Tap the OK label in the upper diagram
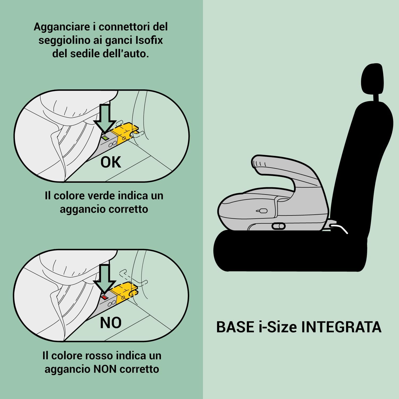[111, 162]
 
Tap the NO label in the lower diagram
[111, 322]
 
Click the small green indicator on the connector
[106, 138]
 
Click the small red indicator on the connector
[105, 297]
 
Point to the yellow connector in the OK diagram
[124, 132]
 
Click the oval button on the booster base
[279, 226]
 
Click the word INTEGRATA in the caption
[341, 327]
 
